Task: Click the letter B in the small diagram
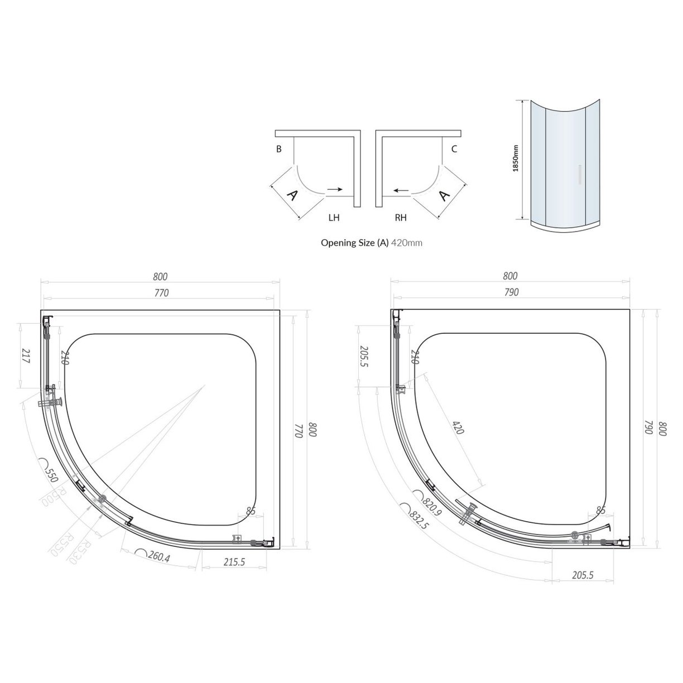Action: pyautogui.click(x=278, y=149)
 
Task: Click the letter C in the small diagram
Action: pyautogui.click(x=454, y=149)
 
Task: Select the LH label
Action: pyautogui.click(x=334, y=218)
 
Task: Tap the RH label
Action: pyautogui.click(x=401, y=218)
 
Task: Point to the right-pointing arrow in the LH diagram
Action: pyautogui.click(x=335, y=190)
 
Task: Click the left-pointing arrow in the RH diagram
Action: pyautogui.click(x=399, y=190)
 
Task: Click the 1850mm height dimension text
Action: pyautogui.click(x=516, y=159)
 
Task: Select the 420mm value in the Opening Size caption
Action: pyautogui.click(x=406, y=243)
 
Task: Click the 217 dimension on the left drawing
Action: pyautogui.click(x=25, y=356)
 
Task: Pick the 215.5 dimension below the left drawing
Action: pyautogui.click(x=234, y=562)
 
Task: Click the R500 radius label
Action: pyautogui.click(x=54, y=496)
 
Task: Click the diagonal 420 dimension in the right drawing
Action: pyautogui.click(x=457, y=428)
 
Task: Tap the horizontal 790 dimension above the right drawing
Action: pyautogui.click(x=511, y=292)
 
